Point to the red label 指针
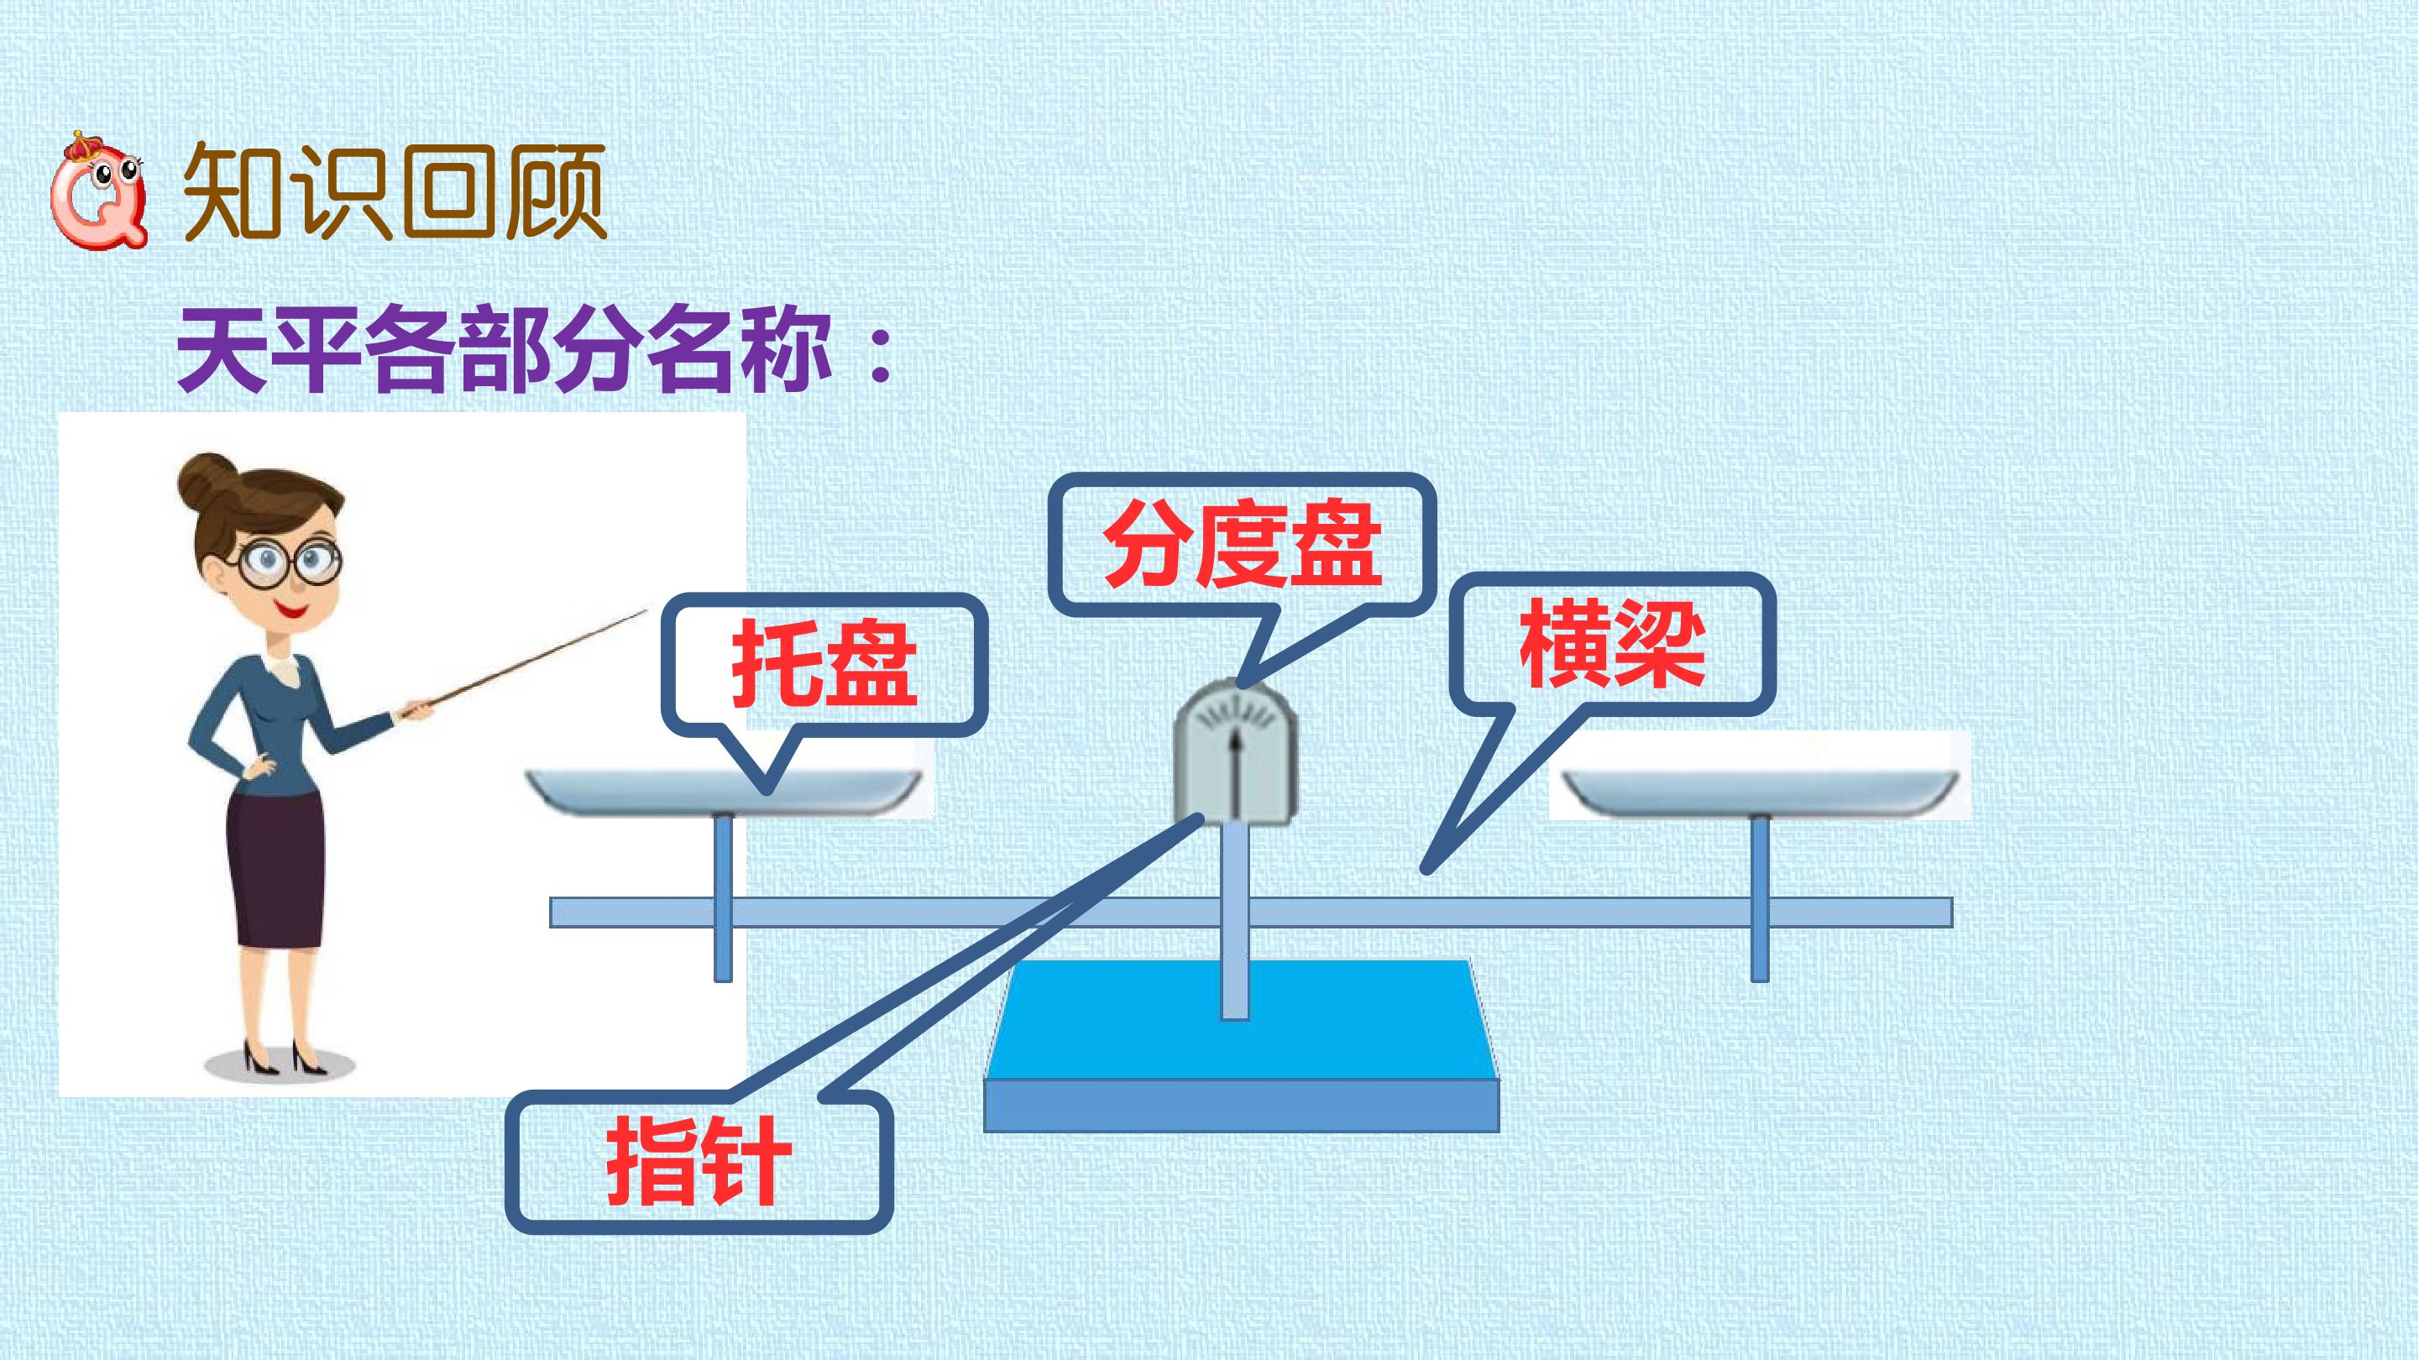[x=699, y=1161]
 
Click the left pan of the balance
[x=723, y=790]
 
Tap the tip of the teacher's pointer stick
[x=646, y=611]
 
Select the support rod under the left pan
[x=723, y=897]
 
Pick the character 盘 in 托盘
[x=872, y=662]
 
